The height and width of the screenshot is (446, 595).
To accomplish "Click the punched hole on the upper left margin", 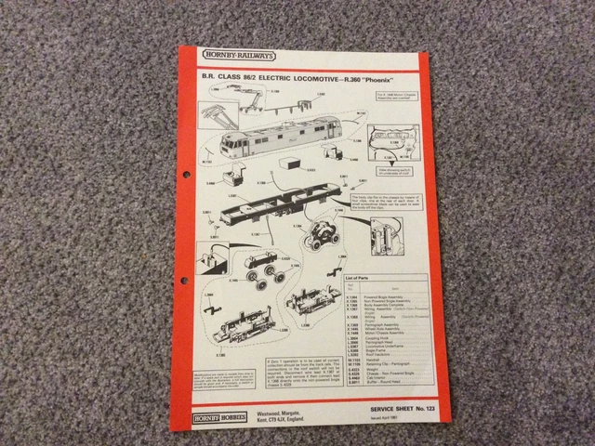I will click(x=186, y=173).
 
